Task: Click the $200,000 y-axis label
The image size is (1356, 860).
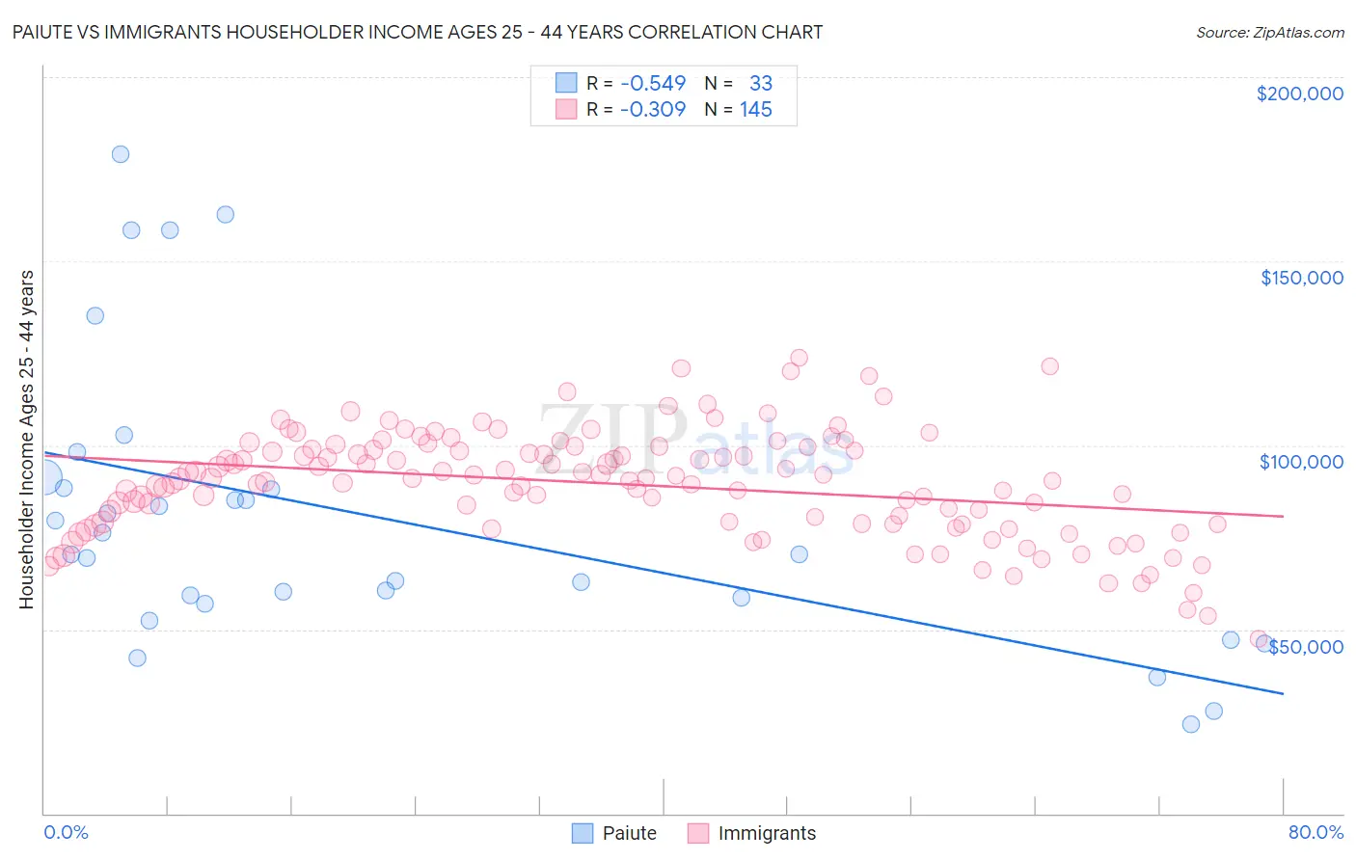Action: pyautogui.click(x=1299, y=94)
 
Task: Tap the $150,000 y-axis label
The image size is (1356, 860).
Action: pyautogui.click(x=1301, y=278)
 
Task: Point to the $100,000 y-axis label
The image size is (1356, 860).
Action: pyautogui.click(x=1301, y=462)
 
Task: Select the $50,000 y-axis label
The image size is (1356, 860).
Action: pyautogui.click(x=1305, y=647)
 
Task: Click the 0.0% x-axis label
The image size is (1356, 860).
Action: pyautogui.click(x=66, y=832)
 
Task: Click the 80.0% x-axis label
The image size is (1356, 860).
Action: pyautogui.click(x=1315, y=832)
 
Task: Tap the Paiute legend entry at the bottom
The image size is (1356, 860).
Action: pyautogui.click(x=614, y=833)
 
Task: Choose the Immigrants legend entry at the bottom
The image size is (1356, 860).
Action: pyautogui.click(x=751, y=833)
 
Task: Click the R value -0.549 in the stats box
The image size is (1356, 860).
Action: pyautogui.click(x=653, y=84)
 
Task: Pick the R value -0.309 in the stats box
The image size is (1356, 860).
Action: pyautogui.click(x=653, y=109)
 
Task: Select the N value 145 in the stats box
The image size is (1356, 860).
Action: pyautogui.click(x=756, y=109)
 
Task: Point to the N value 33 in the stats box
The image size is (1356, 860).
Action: pyautogui.click(x=761, y=84)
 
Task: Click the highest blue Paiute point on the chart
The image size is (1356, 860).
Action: pyautogui.click(x=121, y=154)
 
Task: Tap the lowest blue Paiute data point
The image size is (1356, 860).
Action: pyautogui.click(x=1191, y=724)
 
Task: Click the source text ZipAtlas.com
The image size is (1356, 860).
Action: pyautogui.click(x=1269, y=32)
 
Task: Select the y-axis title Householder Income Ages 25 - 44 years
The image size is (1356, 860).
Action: pyautogui.click(x=26, y=439)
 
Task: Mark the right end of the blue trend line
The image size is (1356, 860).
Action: pyautogui.click(x=1283, y=693)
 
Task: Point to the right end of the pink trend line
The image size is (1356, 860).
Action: pyautogui.click(x=1283, y=516)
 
